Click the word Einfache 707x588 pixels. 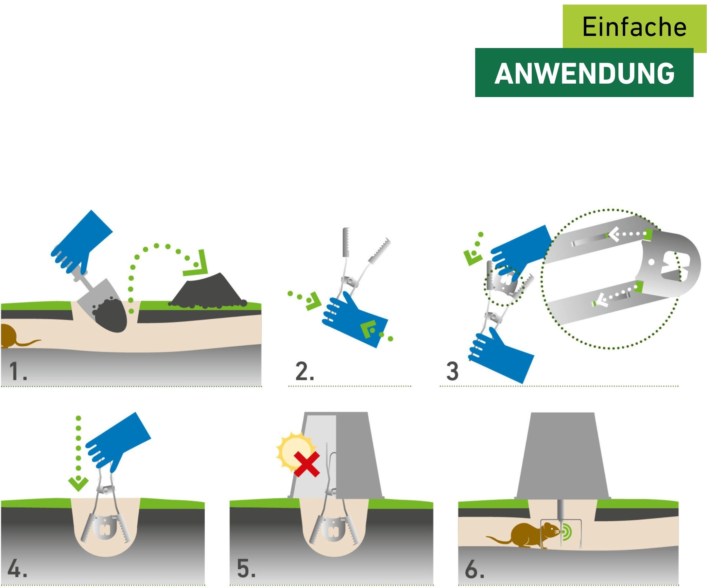pyautogui.click(x=634, y=27)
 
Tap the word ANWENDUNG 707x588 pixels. pyautogui.click(x=584, y=73)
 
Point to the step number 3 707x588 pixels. pyautogui.click(x=452, y=371)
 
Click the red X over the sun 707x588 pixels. pyautogui.click(x=306, y=464)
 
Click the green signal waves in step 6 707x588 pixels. pyautogui.click(x=567, y=531)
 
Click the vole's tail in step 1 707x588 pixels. pyautogui.click(x=29, y=343)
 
